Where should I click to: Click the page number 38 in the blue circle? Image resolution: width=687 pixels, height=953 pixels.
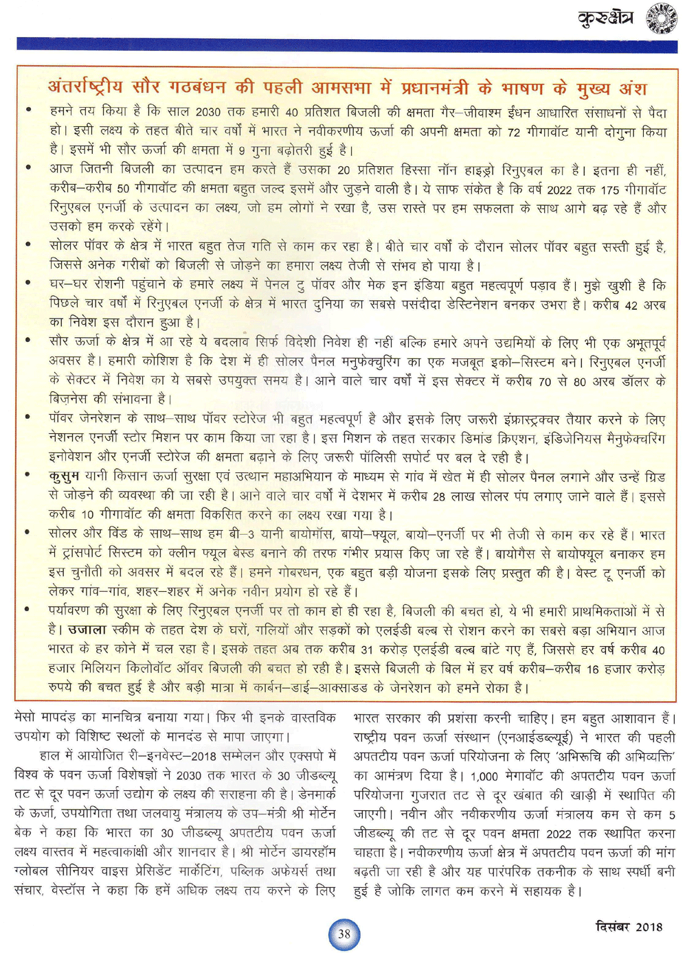[344, 934]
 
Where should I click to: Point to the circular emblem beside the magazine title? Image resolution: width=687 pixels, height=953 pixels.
[662, 19]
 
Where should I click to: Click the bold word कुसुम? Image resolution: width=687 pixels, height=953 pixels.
[64, 476]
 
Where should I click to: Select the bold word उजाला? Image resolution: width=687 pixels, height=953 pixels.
[87, 630]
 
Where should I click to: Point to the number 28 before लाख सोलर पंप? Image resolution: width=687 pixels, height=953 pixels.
[440, 496]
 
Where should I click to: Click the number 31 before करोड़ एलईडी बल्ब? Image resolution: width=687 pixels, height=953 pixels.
[367, 650]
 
